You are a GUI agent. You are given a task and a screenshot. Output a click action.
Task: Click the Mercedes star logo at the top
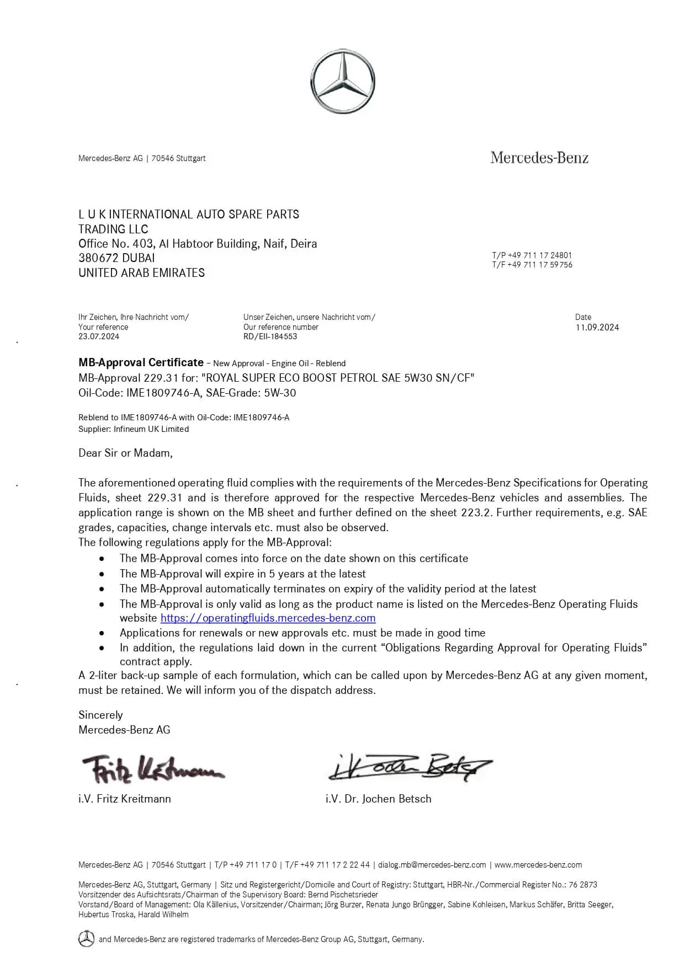pyautogui.click(x=342, y=82)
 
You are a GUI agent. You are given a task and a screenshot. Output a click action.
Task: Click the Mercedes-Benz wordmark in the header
pyautogui.click(x=539, y=158)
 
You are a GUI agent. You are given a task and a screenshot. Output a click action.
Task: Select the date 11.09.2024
pyautogui.click(x=597, y=327)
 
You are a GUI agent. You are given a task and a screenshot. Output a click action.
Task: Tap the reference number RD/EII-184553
pyautogui.click(x=270, y=336)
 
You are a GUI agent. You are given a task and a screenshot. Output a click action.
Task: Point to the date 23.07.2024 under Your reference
pyautogui.click(x=99, y=336)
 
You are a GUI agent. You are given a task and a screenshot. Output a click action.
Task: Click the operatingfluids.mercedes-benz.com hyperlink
pyautogui.click(x=268, y=618)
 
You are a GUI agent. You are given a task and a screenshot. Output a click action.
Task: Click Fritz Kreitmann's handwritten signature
pyautogui.click(x=152, y=768)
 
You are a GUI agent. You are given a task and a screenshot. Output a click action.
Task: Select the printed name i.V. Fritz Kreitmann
pyautogui.click(x=125, y=799)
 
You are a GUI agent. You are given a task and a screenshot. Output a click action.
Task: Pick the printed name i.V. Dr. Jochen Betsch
pyautogui.click(x=378, y=799)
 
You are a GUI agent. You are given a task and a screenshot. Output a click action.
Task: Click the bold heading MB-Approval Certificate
pyautogui.click(x=141, y=362)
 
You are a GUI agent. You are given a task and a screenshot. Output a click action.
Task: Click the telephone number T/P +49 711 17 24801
pyautogui.click(x=532, y=255)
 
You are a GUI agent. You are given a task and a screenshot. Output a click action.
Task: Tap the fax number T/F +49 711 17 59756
pyautogui.click(x=532, y=265)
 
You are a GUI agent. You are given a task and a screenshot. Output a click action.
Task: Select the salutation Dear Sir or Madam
pyautogui.click(x=125, y=453)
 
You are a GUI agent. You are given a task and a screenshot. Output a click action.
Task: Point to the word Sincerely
pyautogui.click(x=100, y=715)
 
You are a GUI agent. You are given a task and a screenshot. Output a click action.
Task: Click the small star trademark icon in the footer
pyautogui.click(x=86, y=939)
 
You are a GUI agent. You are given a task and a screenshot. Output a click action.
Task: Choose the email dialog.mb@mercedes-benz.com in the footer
pyautogui.click(x=432, y=865)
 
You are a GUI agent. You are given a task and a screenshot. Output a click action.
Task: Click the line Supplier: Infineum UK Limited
pyautogui.click(x=134, y=429)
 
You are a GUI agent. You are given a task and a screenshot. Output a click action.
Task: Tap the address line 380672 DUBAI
pyautogui.click(x=116, y=258)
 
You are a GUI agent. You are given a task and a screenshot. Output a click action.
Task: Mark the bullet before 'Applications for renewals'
pyautogui.click(x=102, y=633)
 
